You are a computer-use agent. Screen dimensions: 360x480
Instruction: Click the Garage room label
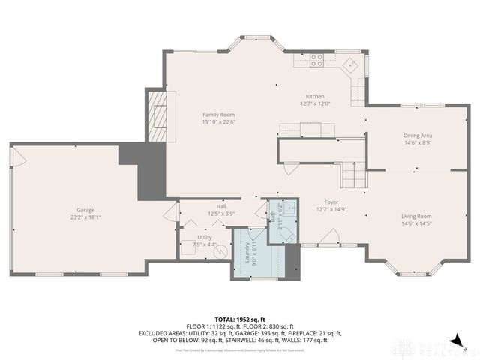tap(84, 210)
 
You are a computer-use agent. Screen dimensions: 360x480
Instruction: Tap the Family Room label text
tap(218, 114)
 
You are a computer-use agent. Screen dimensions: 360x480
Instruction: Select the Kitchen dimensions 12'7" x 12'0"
tap(315, 103)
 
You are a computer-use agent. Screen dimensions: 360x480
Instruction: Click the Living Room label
tap(416, 215)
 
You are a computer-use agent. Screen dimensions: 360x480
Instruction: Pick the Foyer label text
tap(331, 202)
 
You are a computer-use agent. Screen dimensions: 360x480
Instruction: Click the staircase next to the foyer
tap(353, 177)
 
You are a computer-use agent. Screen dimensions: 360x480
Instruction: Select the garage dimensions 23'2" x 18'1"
tap(84, 217)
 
